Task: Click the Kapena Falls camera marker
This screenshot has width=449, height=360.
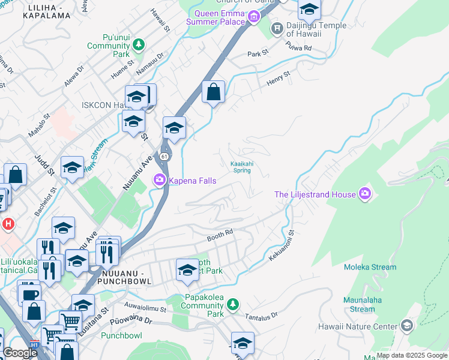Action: [160, 179]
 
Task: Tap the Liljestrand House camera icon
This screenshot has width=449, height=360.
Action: [364, 193]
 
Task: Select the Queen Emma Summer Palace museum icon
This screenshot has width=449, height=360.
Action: [253, 17]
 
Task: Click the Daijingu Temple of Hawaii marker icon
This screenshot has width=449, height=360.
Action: [277, 28]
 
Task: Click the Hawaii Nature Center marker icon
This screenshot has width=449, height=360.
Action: [407, 326]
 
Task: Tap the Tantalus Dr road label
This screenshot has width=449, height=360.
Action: [267, 315]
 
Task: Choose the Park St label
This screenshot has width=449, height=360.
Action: [258, 54]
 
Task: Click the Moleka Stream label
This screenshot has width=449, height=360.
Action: [370, 267]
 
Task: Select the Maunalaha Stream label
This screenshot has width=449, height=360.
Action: [363, 304]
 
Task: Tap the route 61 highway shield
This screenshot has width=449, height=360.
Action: [164, 157]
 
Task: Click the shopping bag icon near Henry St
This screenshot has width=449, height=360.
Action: [213, 92]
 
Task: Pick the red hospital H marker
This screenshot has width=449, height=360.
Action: [8, 224]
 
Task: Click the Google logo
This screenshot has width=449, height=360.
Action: [20, 353]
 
